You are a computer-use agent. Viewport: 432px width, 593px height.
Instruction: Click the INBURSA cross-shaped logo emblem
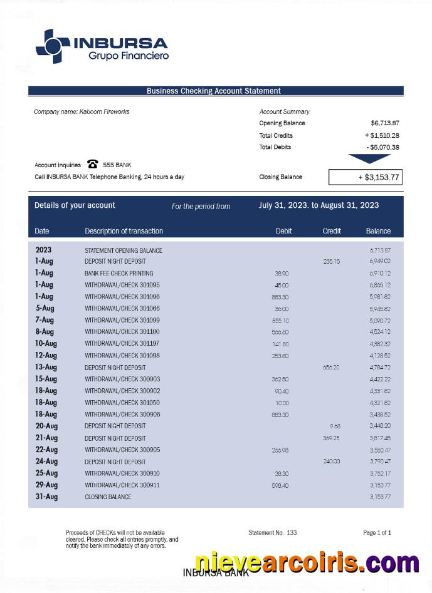53,46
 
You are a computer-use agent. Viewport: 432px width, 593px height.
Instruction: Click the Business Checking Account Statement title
214,91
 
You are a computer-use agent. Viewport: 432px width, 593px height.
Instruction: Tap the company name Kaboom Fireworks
82,111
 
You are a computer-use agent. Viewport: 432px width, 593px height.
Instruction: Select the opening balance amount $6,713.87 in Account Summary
385,123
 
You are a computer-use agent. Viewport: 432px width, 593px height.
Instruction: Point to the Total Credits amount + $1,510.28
382,135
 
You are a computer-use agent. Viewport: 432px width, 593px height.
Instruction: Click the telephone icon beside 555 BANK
93,165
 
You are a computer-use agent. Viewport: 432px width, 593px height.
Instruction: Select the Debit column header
283,231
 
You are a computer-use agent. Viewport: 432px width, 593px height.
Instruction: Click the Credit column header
332,231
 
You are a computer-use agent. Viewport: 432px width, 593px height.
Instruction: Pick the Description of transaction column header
124,231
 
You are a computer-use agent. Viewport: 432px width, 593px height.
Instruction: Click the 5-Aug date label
45,308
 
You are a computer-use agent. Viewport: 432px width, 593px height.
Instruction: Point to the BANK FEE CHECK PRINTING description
119,274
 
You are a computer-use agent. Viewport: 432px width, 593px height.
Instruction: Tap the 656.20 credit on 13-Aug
331,368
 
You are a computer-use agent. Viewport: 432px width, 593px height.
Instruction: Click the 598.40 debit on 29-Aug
280,485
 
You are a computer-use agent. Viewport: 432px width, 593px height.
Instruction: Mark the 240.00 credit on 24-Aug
331,462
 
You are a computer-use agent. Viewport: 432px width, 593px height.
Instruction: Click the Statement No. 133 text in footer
272,533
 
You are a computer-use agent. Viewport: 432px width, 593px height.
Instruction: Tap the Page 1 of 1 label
377,533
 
